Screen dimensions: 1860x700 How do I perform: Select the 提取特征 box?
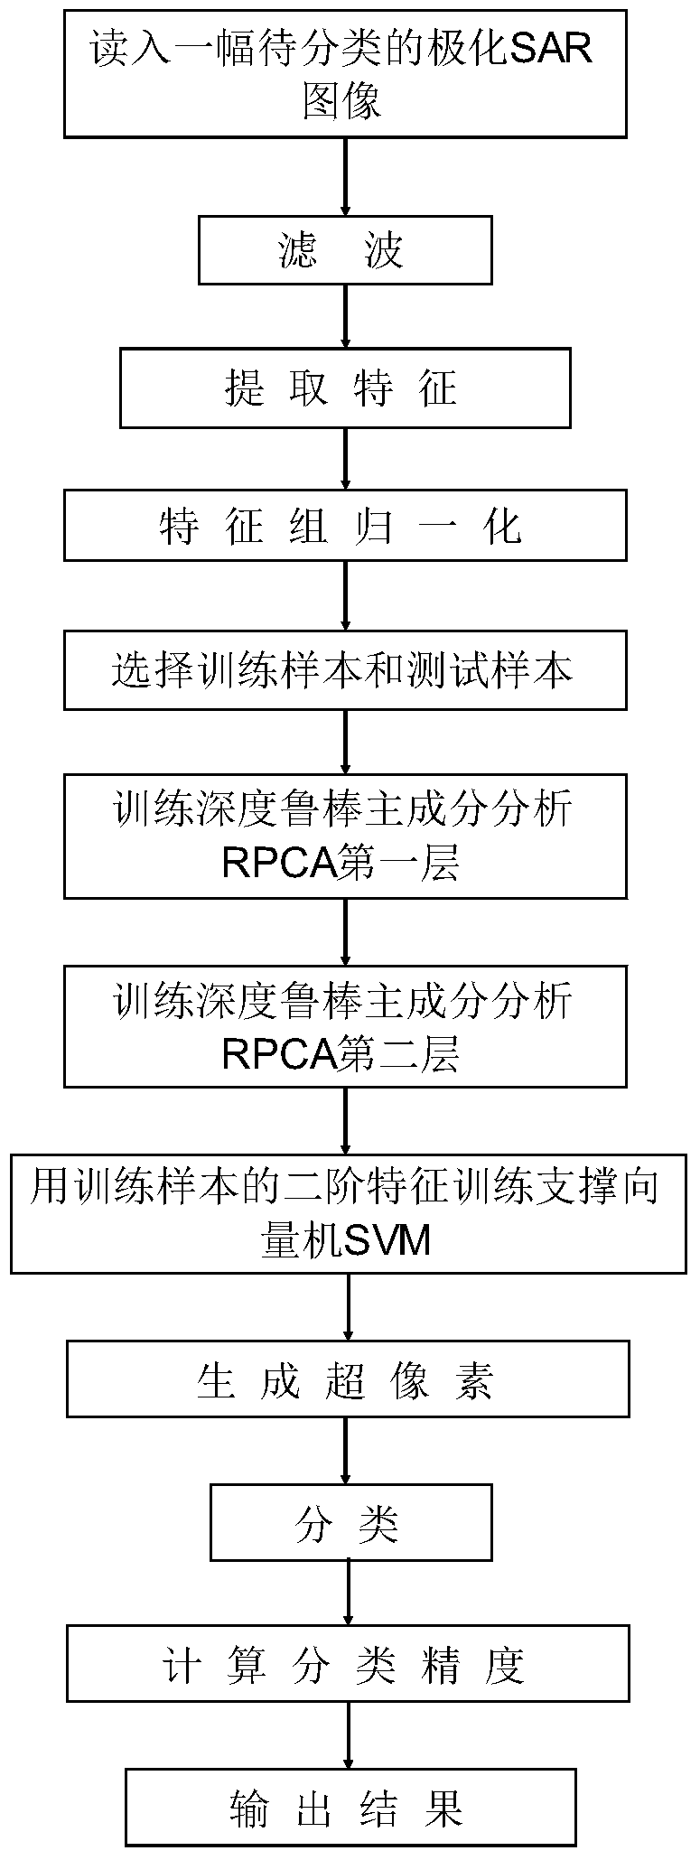[x=346, y=389]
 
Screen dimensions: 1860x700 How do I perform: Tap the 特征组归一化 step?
[x=346, y=526]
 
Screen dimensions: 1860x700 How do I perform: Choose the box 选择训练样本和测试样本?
[x=346, y=670]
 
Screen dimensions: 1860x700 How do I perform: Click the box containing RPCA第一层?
[x=346, y=836]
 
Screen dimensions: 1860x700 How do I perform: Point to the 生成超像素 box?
[x=348, y=1383]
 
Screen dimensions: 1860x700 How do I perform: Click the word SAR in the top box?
[x=551, y=48]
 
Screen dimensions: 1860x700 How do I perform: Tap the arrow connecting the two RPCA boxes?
[x=346, y=932]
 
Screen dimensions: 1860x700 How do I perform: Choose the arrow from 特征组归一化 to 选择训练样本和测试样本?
[x=346, y=596]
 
